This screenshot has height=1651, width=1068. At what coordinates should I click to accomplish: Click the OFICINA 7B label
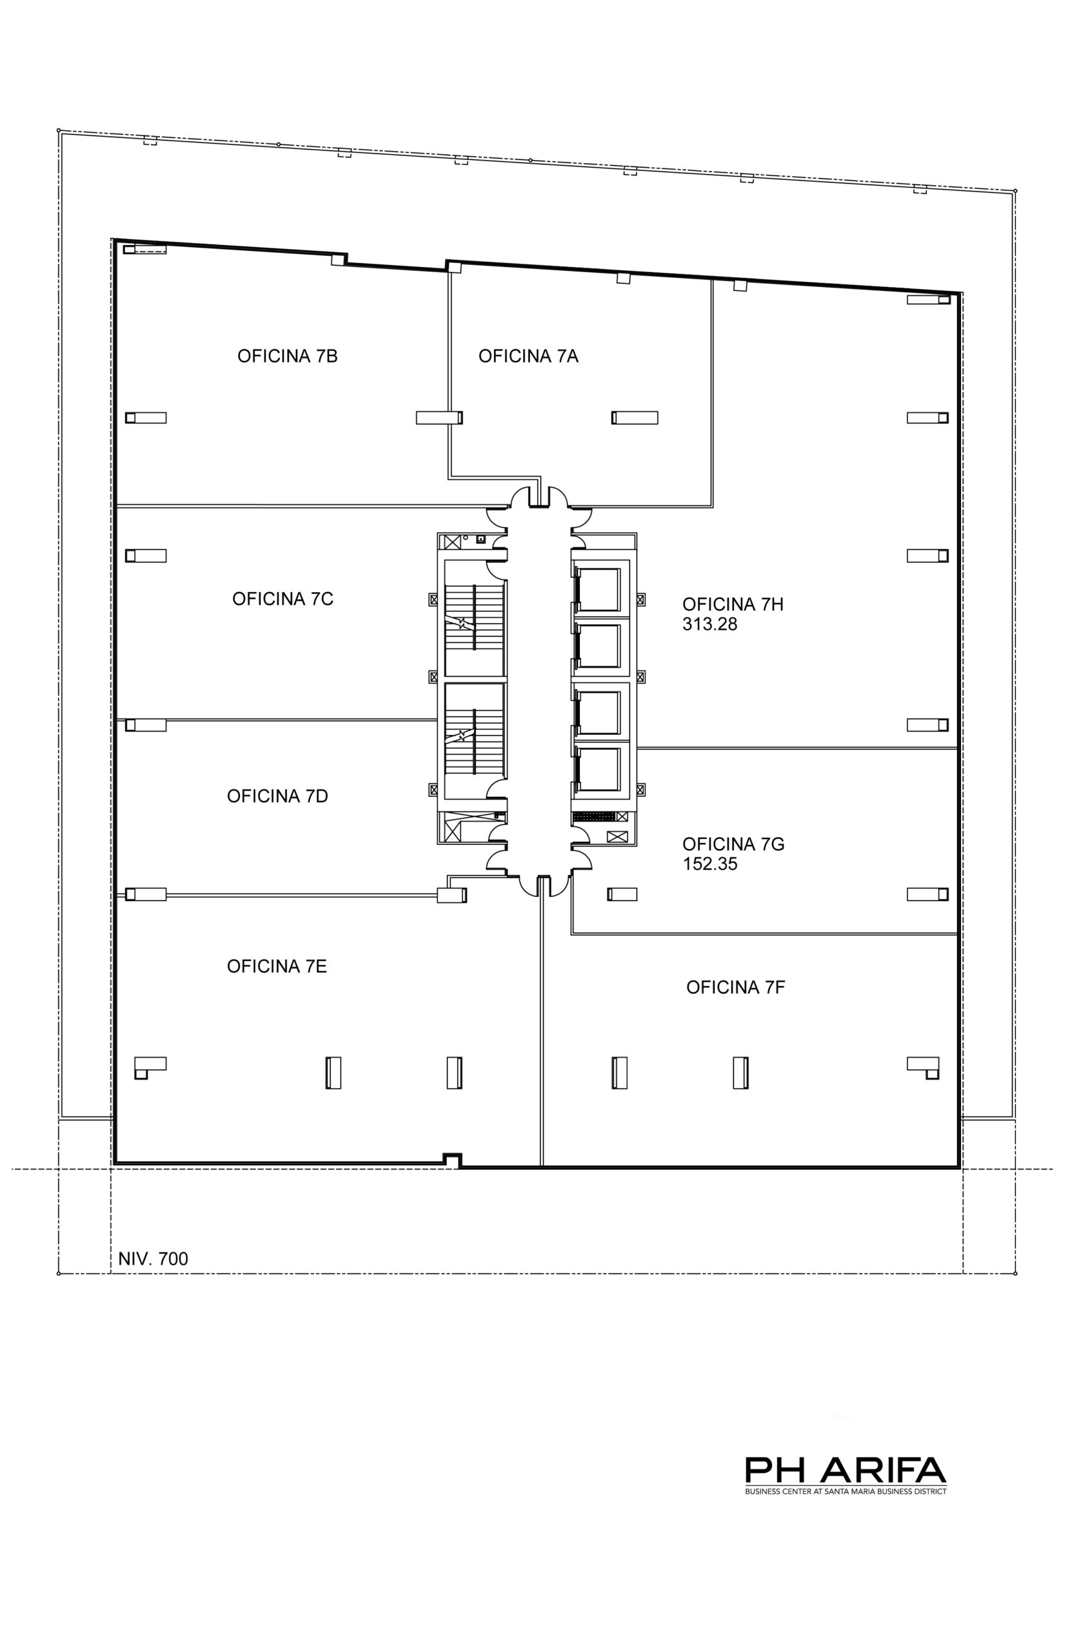[x=287, y=356]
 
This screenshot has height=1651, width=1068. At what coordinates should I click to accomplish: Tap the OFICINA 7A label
[x=528, y=356]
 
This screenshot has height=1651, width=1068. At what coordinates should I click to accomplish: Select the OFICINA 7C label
[x=283, y=598]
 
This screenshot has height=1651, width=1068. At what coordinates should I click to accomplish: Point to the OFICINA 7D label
[x=277, y=796]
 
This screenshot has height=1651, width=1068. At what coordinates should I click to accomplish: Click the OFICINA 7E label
[x=277, y=966]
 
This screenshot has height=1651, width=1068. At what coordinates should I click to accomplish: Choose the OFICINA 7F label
[x=736, y=987]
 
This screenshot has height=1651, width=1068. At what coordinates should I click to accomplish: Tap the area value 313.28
[x=709, y=624]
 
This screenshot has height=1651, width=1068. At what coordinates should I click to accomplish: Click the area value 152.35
[x=709, y=864]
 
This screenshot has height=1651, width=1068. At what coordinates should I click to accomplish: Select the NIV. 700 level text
[x=153, y=1258]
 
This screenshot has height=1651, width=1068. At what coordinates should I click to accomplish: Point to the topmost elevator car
[x=598, y=589]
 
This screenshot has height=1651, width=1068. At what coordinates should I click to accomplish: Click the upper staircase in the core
[x=473, y=617]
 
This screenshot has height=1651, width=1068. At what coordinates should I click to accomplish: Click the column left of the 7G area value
[x=622, y=895]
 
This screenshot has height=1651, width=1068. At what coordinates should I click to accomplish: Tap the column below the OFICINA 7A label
[x=635, y=417]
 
